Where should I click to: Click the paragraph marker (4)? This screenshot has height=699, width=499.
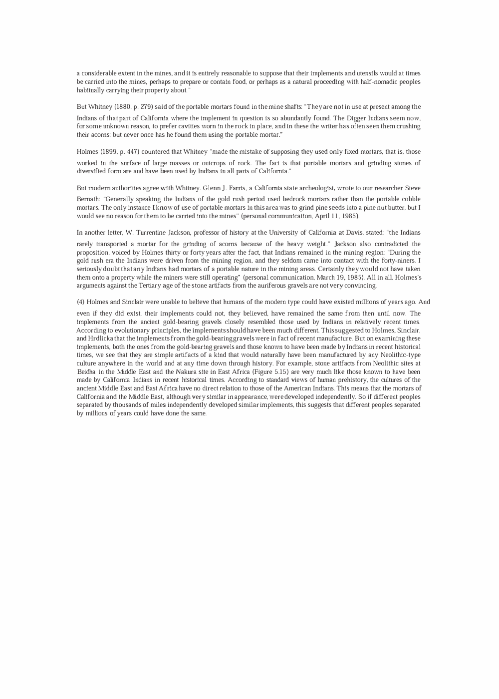(x=80, y=302)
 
